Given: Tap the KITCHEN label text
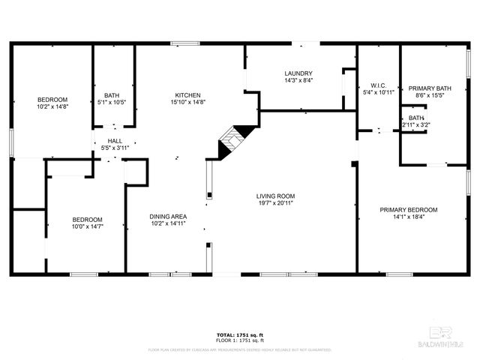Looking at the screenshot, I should (x=187, y=95).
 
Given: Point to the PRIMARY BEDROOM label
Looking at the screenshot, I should (x=408, y=210).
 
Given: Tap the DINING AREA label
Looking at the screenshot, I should (x=168, y=216).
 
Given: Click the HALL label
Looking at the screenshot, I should (x=114, y=140).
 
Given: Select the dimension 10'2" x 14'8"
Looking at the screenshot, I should (x=52, y=106).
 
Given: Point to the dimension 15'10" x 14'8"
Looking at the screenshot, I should (x=187, y=102).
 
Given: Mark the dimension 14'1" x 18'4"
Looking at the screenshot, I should (x=408, y=217).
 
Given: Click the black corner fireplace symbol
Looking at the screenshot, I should (x=229, y=142).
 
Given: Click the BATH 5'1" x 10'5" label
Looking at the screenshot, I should (x=112, y=98).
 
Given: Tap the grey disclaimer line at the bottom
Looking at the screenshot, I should (x=240, y=349).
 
